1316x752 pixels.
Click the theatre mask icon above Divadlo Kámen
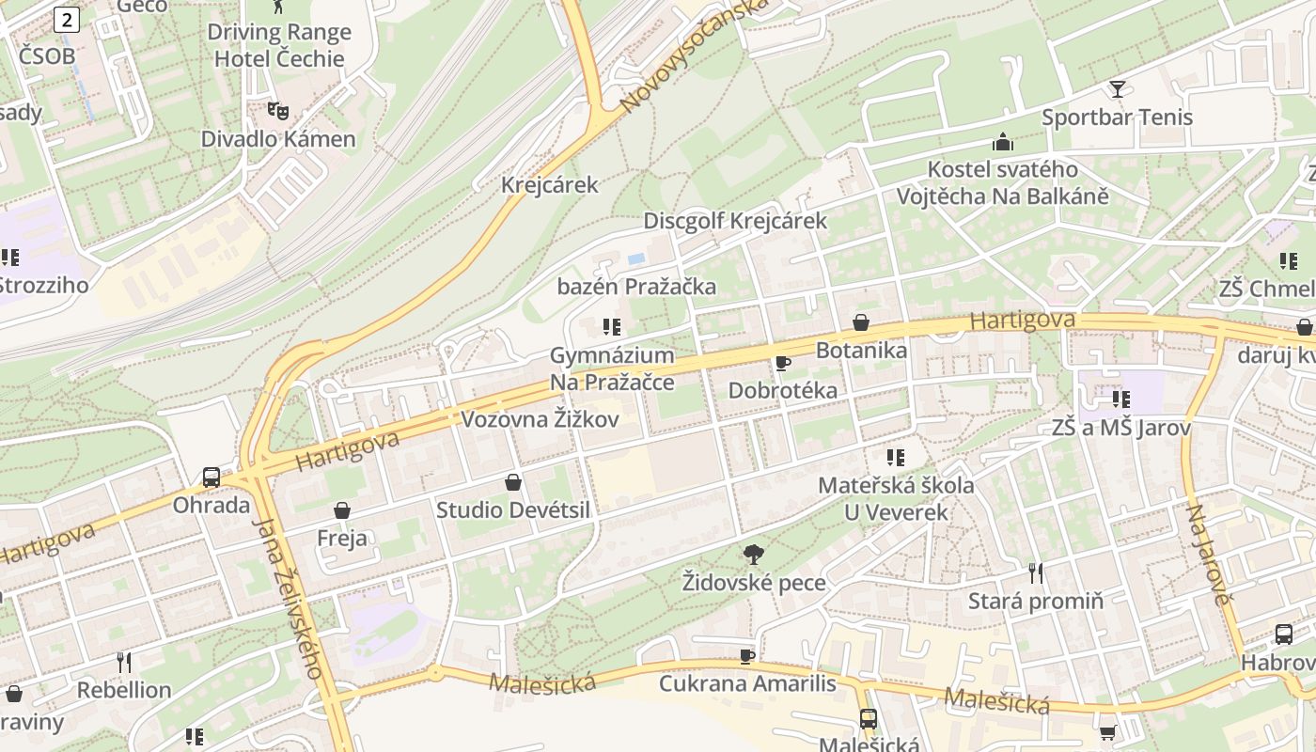(277, 111)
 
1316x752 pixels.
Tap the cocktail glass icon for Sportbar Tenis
(1117, 89)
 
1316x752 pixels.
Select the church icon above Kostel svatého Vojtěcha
(1003, 143)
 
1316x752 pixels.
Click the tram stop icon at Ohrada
(211, 477)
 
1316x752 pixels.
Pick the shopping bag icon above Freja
(342, 510)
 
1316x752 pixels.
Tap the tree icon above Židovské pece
(753, 555)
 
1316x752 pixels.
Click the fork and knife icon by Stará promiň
(1036, 572)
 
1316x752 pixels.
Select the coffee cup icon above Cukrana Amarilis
(747, 655)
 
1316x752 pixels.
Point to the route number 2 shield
(66, 19)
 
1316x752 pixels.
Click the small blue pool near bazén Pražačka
(636, 258)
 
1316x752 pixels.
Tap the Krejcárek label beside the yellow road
(549, 184)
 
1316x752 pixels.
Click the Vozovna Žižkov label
(540, 419)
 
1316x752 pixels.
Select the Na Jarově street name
(1208, 555)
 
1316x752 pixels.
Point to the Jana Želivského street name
(290, 597)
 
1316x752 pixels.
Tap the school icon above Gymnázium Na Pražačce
(612, 327)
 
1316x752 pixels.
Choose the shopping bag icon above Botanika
(861, 322)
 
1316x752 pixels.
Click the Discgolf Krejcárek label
(735, 221)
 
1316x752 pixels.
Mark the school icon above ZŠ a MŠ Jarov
(1120, 399)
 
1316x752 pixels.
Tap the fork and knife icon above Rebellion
(123, 662)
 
